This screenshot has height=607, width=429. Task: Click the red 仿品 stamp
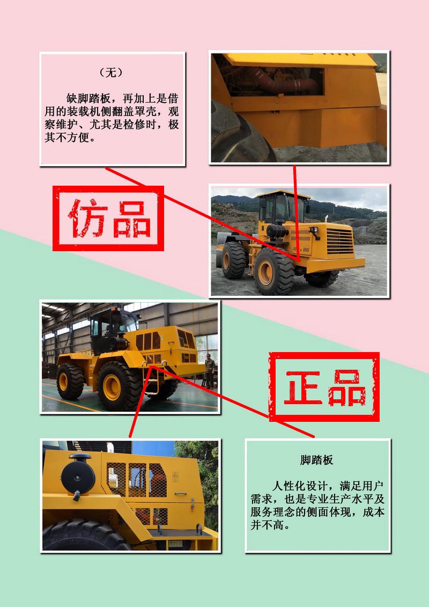pos(108,218)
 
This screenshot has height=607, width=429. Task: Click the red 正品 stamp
pos(324,387)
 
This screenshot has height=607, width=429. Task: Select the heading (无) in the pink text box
pos(111,72)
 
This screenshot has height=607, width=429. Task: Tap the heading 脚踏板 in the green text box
pos(316,460)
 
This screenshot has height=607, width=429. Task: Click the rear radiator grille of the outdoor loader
pos(340,241)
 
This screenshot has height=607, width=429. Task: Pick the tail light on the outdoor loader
pos(314,230)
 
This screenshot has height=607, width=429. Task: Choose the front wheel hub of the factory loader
pos(112,387)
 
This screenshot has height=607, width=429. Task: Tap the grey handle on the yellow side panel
pos(180,494)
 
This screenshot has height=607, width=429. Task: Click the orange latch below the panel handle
pos(193,505)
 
